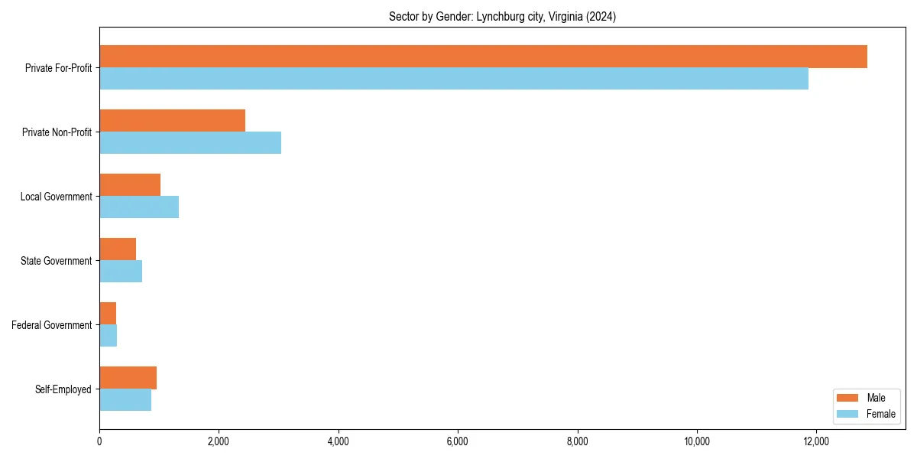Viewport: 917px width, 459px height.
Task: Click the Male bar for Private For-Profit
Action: click(483, 57)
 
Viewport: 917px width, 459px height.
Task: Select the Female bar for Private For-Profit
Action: click(454, 79)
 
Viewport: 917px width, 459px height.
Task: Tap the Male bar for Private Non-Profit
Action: click(172, 121)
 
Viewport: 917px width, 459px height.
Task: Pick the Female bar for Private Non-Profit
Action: click(190, 143)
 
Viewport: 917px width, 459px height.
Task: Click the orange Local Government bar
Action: click(130, 185)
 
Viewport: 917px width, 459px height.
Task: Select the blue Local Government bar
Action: click(139, 207)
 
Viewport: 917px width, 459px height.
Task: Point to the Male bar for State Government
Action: click(118, 249)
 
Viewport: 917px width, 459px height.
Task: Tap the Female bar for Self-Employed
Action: click(125, 400)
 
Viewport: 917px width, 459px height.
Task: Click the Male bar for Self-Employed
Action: click(128, 378)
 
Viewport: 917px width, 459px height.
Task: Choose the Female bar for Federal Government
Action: click(108, 336)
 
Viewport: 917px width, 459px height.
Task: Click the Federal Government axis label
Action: click(52, 325)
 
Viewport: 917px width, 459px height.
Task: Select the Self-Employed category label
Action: click(63, 389)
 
